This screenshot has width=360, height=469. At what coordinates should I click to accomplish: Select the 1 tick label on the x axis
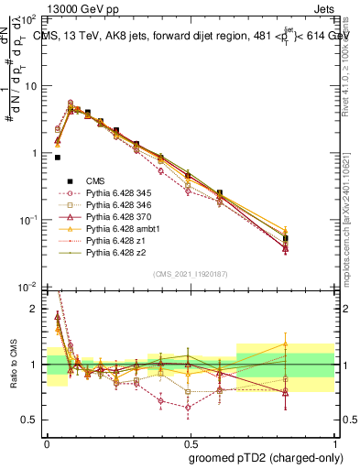[333, 442]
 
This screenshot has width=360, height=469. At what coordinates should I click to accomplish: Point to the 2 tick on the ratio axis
[36, 309]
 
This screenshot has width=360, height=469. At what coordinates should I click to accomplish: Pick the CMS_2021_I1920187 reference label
[191, 274]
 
